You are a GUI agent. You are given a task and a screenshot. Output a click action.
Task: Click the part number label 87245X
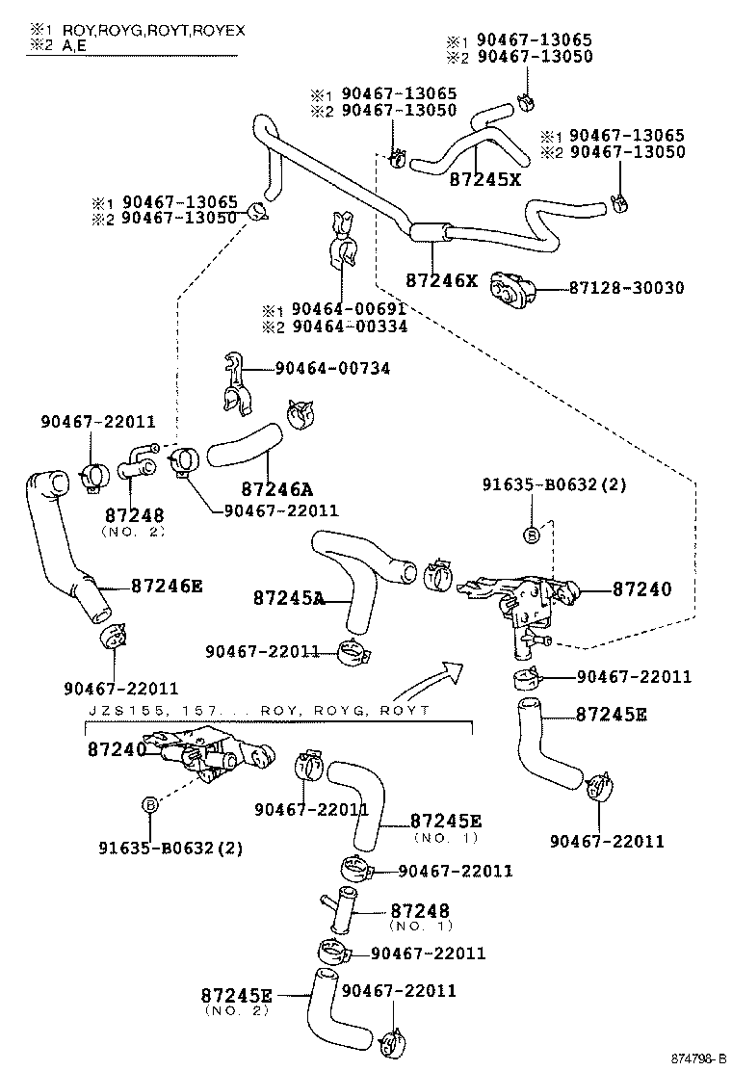[x=484, y=178]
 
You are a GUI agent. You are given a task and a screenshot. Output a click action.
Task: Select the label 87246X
[x=441, y=280]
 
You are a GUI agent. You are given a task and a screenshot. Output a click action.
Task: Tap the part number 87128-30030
[x=626, y=288]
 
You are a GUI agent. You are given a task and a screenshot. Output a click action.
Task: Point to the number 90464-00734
[x=332, y=368]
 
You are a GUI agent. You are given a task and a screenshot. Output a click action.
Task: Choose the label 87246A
[x=276, y=488]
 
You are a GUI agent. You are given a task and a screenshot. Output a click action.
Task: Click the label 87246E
[x=167, y=585]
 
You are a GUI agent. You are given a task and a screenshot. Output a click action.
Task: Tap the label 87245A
[x=289, y=598]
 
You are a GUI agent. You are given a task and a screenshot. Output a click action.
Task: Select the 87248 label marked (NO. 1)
[x=420, y=910]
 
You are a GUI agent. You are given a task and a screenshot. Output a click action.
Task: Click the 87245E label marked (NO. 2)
[x=237, y=995]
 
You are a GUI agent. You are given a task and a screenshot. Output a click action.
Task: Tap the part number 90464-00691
[x=349, y=310]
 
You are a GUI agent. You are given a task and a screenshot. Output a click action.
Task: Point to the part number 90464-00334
[x=349, y=327]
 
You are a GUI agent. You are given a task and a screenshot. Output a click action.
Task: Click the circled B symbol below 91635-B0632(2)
[x=531, y=534]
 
